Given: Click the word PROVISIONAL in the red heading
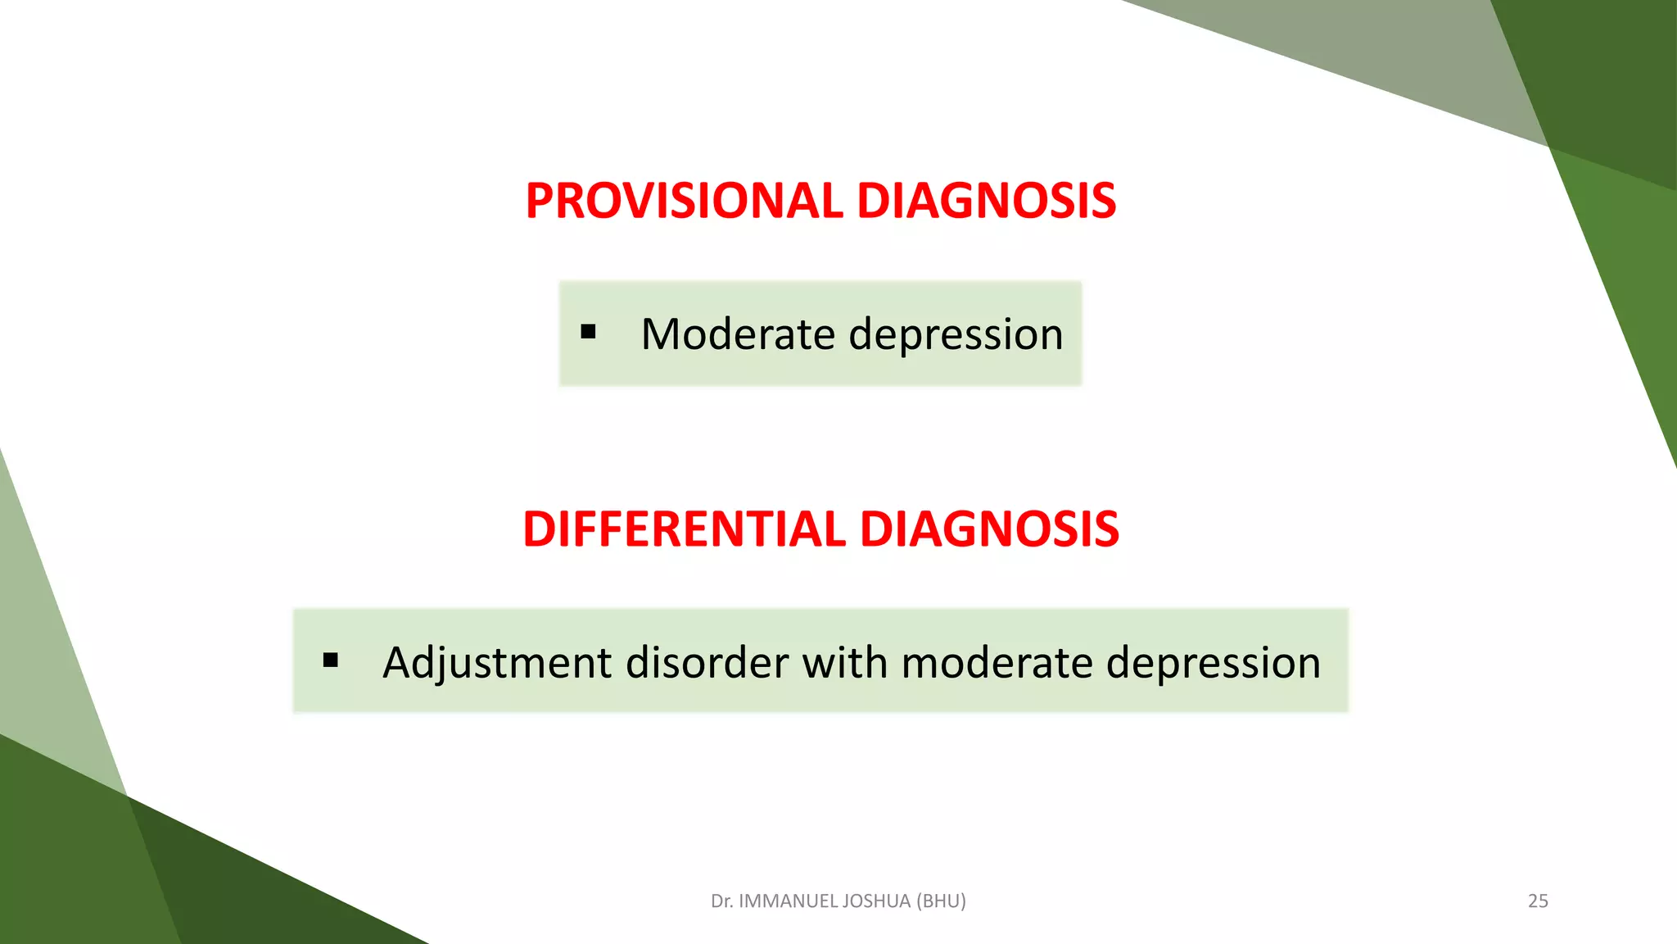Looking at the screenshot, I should pos(684,201).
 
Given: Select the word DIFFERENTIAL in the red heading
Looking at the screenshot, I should pos(684,529).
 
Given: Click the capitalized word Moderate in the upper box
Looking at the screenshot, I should pos(737,334).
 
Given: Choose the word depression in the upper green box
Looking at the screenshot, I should pos(956,334).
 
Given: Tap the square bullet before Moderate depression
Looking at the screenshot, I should pos(588,332).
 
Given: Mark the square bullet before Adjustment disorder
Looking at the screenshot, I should pos(331,660).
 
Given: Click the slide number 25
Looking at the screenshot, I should pos(1538,901).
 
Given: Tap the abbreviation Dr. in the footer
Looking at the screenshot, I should pos(721,901).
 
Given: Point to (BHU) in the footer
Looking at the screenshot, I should pos(941,901).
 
